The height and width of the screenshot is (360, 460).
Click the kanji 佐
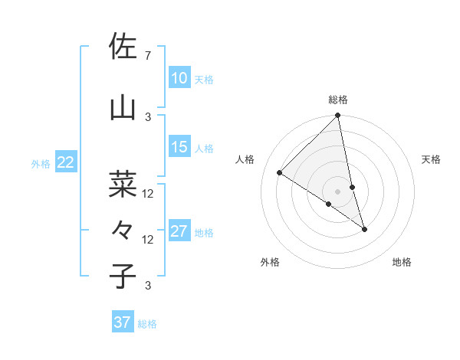pyautogui.click(x=123, y=47)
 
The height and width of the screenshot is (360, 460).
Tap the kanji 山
pyautogui.click(x=123, y=107)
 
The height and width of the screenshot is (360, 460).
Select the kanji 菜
pyautogui.click(x=123, y=184)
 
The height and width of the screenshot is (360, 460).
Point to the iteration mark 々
pyautogui.click(x=123, y=230)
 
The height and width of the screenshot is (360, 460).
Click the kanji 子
pyautogui.click(x=123, y=276)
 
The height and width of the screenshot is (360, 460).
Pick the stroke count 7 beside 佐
pyautogui.click(x=147, y=56)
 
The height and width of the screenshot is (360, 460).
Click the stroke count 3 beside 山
pyautogui.click(x=148, y=116)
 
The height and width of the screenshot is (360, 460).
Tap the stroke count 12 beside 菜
pyautogui.click(x=148, y=194)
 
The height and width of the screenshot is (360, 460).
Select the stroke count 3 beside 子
pyautogui.click(x=148, y=286)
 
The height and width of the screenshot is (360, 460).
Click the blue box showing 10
pyautogui.click(x=179, y=77)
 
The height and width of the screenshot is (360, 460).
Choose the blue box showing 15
pyautogui.click(x=179, y=147)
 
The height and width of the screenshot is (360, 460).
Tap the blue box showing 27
pyautogui.click(x=179, y=231)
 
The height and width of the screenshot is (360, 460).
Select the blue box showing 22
pyautogui.click(x=65, y=162)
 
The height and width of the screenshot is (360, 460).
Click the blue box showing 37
pyautogui.click(x=122, y=322)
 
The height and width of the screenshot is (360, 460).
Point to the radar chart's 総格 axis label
pyautogui.click(x=338, y=100)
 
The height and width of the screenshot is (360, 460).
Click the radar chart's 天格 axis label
pyautogui.click(x=432, y=159)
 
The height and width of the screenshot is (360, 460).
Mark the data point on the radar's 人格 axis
pyautogui.click(x=280, y=173)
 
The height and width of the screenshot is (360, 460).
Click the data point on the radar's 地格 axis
pyautogui.click(x=364, y=229)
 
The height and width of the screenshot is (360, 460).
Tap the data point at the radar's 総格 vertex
pyautogui.click(x=338, y=116)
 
